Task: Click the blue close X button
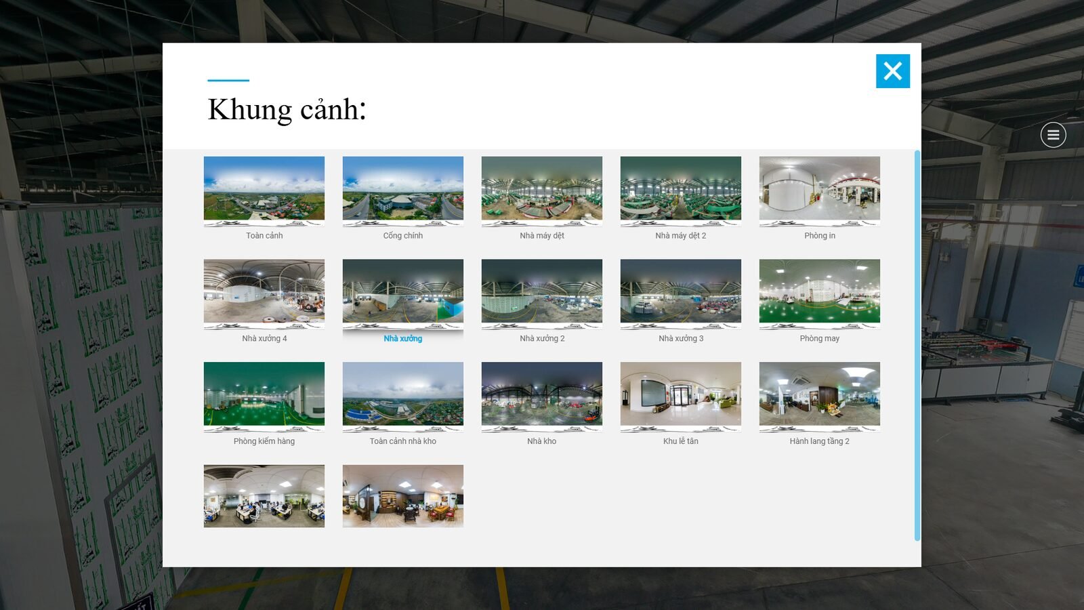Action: [892, 71]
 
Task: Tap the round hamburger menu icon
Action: [1053, 135]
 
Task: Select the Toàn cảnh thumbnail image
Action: [264, 190]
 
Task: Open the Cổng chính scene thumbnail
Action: [403, 190]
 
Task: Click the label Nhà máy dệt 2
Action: [680, 236]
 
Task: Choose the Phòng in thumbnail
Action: [819, 190]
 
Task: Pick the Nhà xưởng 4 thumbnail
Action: [264, 293]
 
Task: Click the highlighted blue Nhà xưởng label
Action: [402, 338]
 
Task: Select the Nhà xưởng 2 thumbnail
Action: [542, 293]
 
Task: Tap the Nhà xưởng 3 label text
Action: [681, 338]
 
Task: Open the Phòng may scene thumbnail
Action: [819, 293]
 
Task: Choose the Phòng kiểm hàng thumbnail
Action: [264, 396]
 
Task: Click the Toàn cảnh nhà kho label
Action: [402, 441]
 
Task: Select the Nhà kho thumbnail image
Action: [542, 396]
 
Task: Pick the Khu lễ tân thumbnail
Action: [681, 396]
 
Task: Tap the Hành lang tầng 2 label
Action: [819, 441]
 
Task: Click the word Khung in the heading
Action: [249, 110]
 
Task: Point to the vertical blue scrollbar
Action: [917, 346]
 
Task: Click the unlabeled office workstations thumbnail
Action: [264, 496]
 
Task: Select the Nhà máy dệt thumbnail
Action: [542, 190]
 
